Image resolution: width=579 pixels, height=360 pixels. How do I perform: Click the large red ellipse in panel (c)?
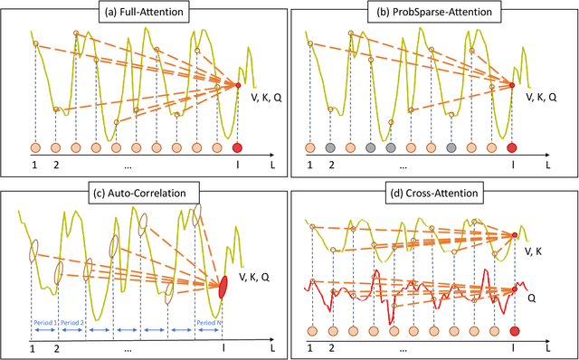(x=223, y=287)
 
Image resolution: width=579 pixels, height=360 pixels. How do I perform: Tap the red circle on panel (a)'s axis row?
(x=238, y=147)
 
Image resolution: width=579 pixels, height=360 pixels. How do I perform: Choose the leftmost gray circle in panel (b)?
(x=330, y=147)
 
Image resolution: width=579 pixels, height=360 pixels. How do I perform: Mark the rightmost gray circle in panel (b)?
(x=451, y=147)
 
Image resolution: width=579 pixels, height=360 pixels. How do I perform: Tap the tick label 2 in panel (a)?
(x=55, y=166)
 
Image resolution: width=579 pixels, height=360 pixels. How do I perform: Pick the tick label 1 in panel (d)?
(x=310, y=347)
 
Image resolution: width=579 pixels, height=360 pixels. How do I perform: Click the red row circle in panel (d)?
(x=514, y=330)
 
